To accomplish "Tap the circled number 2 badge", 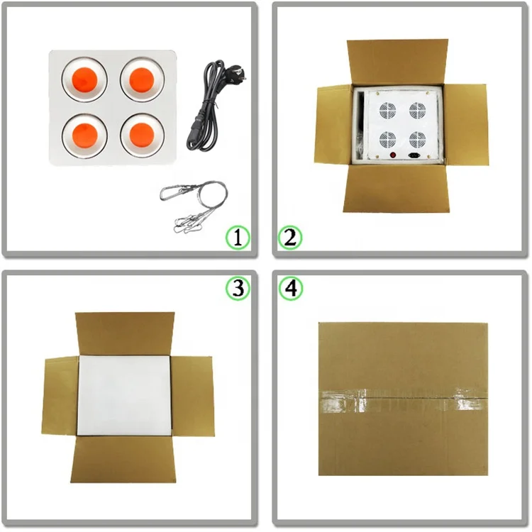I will pos(290,238).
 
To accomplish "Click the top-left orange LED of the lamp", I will pos(84,79).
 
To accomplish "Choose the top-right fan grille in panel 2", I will pos(418,111).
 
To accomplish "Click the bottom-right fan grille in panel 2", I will pos(418,138).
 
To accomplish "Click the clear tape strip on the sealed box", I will pos(403,402).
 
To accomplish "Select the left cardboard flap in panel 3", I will pos(60,396).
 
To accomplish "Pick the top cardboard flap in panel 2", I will pos(397,62).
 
